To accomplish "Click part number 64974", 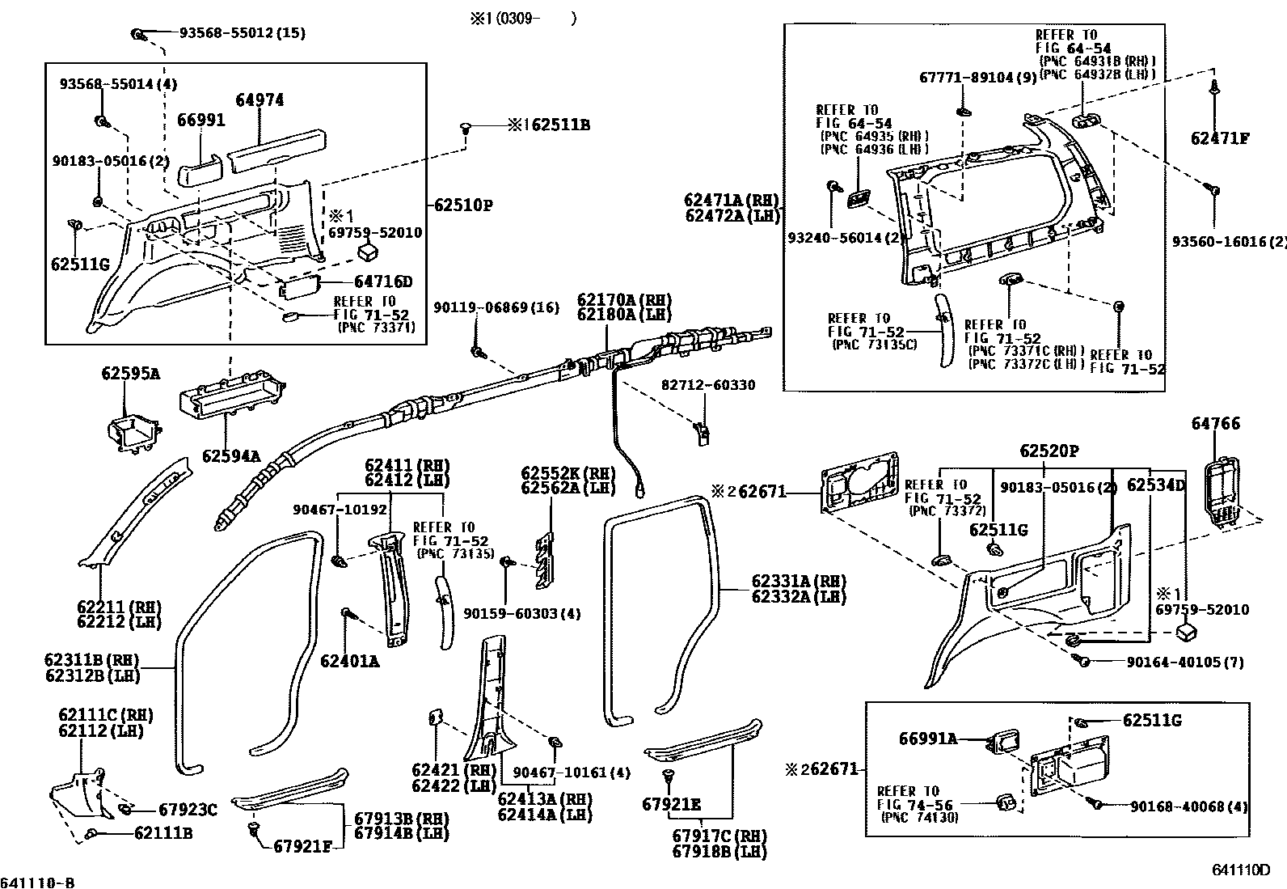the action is (x=260, y=100).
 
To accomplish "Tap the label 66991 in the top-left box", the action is (x=201, y=121).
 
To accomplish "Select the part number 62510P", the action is (x=463, y=205).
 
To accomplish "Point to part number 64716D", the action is (x=383, y=282).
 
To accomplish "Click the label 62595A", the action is (x=131, y=374).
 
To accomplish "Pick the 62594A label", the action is (x=231, y=456).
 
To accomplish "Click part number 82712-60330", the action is (x=708, y=385).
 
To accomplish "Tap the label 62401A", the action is (x=350, y=661).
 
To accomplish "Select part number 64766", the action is (x=1216, y=424).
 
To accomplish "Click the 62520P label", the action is (x=1049, y=451).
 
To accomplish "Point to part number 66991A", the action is (x=929, y=739).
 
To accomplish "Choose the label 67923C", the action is (x=188, y=810).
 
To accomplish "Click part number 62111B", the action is (x=163, y=832).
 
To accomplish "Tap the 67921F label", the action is (x=302, y=846).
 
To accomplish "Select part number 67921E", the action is (x=671, y=805).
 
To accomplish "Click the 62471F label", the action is (x=1220, y=138).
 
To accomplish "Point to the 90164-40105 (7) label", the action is (x=1184, y=663).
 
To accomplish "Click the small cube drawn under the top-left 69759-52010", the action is (x=369, y=252).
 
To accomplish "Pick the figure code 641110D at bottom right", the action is (x=1241, y=870).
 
